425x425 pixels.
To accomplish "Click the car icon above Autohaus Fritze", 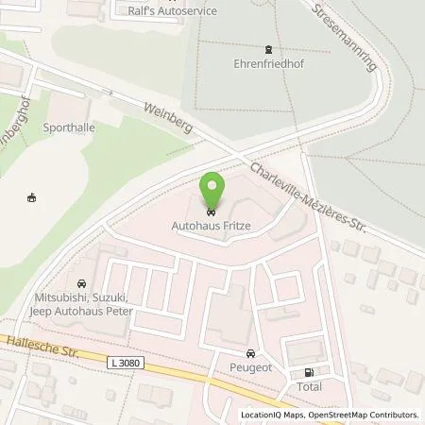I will click(x=212, y=211).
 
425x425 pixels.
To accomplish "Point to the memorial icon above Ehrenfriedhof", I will click(x=267, y=50).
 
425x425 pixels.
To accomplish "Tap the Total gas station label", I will click(x=309, y=386).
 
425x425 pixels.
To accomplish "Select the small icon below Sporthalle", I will click(x=33, y=198).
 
